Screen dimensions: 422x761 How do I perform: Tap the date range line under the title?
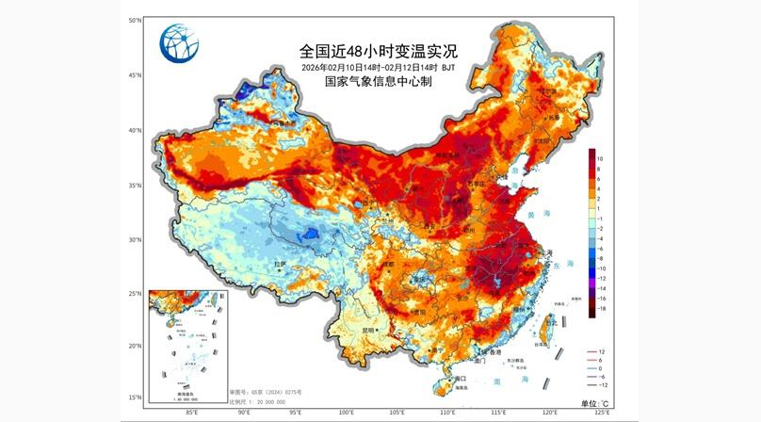click(x=380, y=68)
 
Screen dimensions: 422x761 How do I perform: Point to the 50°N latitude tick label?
click(x=136, y=20)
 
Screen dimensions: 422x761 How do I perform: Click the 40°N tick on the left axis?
click(x=136, y=130)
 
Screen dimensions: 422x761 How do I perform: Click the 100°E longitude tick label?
click(x=346, y=412)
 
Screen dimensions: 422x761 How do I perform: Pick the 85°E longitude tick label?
click(x=192, y=412)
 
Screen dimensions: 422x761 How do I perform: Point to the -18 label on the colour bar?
click(x=600, y=308)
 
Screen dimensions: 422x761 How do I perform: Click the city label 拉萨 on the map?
click(x=279, y=264)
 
